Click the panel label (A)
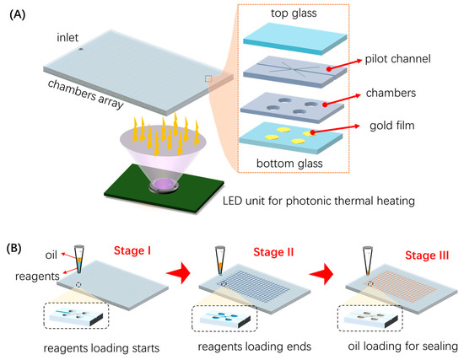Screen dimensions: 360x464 [19, 13]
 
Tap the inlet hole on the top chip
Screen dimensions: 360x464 [81, 49]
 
